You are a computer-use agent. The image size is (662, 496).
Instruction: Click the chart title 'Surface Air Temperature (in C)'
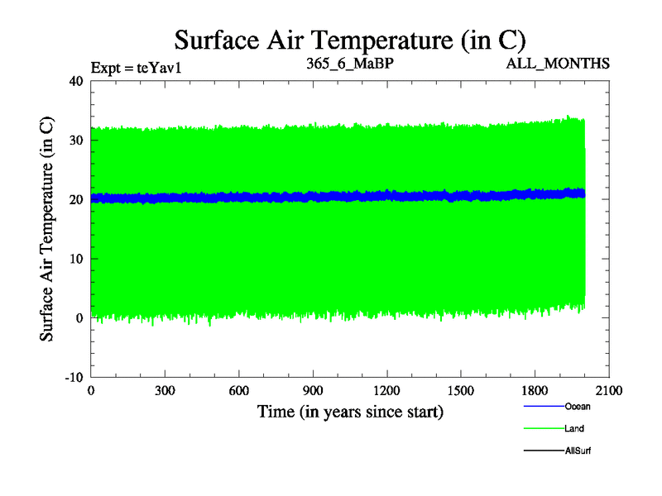click(350, 40)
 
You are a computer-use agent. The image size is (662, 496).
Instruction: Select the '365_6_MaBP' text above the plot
click(344, 64)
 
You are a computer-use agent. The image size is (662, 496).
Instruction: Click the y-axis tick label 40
click(76, 81)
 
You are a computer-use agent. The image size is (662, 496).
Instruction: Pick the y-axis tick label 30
click(76, 141)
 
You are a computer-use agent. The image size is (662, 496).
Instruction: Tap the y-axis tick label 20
click(76, 199)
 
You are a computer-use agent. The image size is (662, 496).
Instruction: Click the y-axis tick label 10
click(76, 259)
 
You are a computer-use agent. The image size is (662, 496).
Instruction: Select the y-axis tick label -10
click(74, 377)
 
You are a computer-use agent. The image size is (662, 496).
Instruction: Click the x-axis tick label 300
click(165, 391)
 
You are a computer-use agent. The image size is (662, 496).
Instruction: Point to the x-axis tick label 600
click(238, 391)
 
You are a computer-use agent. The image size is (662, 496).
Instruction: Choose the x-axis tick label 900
click(313, 391)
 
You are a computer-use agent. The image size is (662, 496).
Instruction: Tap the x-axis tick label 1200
click(386, 391)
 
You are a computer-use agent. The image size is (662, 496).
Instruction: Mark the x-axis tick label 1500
click(461, 391)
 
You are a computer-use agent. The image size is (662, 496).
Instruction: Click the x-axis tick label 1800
click(535, 391)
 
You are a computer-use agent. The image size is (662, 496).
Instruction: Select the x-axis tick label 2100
click(609, 391)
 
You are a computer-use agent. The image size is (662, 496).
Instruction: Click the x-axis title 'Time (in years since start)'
click(350, 411)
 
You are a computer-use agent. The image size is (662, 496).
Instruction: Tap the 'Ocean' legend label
click(578, 406)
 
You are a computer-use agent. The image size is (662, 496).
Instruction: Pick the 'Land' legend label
click(574, 428)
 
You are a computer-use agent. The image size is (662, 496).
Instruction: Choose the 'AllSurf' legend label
click(578, 451)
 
